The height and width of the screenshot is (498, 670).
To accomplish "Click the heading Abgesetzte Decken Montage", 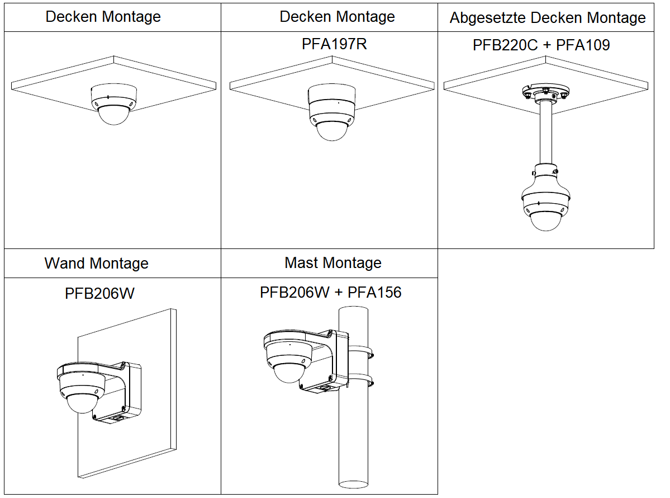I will [547, 18].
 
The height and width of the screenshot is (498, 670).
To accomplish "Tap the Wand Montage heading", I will [97, 263].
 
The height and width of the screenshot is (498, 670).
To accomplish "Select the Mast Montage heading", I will [333, 262].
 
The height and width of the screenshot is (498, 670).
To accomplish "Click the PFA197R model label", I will [334, 44].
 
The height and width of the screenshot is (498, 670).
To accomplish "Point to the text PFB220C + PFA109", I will [541, 45].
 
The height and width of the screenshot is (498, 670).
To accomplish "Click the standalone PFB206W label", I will [100, 293].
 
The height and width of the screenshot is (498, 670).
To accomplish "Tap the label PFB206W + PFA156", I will [330, 292].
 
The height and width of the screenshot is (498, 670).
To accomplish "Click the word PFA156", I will [374, 292].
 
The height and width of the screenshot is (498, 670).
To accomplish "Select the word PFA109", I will [583, 45].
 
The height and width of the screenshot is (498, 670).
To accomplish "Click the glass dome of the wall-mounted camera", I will [82, 403].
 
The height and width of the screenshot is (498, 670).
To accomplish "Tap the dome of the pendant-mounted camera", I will [545, 220].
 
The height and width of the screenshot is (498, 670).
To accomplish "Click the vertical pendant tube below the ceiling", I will [545, 134].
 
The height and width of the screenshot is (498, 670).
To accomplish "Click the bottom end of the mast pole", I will [354, 482].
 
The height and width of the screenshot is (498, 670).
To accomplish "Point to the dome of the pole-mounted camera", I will [288, 372].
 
